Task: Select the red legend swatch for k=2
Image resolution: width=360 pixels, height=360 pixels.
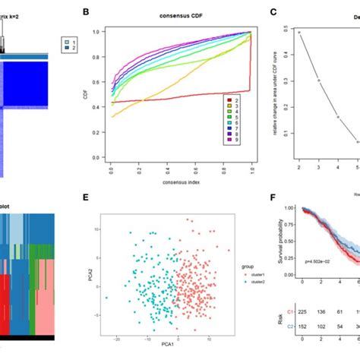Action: point(229,99)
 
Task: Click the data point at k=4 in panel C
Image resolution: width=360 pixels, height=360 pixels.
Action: point(338,117)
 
